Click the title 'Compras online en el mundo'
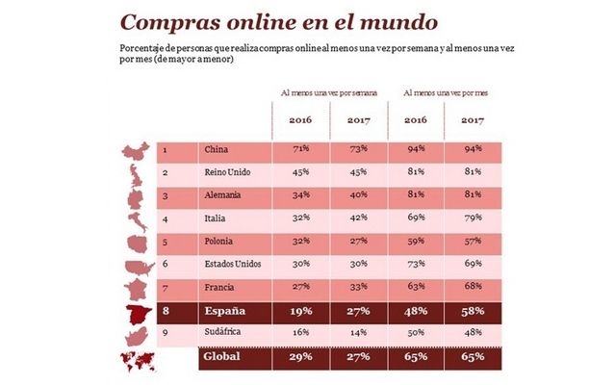tap(250, 21)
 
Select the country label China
tap(215, 149)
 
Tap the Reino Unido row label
tap(225, 173)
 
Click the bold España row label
tap(222, 312)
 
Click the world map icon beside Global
tap(138, 359)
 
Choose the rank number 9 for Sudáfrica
tap(167, 334)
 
